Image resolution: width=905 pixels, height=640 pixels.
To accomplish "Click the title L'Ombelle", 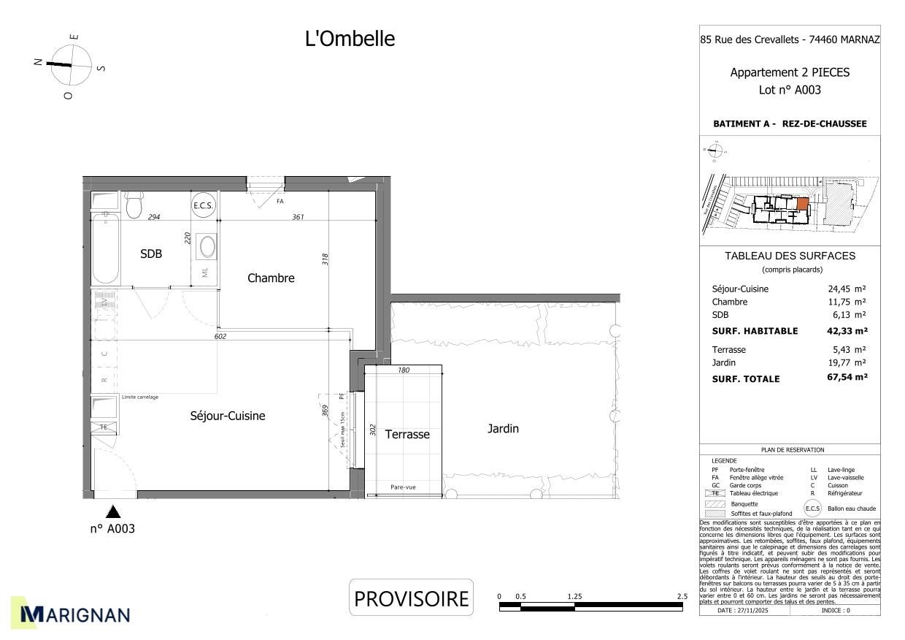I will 350,39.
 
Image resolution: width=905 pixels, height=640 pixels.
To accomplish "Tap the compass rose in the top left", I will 72,64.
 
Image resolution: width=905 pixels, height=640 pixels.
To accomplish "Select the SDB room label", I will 151,254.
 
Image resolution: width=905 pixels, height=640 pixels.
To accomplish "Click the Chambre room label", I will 271,278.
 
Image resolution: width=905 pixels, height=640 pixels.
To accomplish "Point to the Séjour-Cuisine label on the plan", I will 228,416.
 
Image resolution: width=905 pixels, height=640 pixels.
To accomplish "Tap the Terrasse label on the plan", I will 407,434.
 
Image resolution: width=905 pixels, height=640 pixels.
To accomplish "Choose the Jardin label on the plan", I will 503,429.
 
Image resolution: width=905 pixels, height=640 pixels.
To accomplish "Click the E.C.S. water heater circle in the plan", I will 203,206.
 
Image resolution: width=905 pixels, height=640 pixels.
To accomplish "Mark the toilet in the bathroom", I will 134,206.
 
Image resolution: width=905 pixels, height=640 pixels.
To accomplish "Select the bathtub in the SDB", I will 106,248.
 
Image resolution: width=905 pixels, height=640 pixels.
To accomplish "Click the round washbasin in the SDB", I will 208,246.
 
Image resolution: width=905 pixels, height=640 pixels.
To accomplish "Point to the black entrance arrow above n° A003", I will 113,511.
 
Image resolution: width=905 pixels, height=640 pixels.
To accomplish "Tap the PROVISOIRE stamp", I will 411,598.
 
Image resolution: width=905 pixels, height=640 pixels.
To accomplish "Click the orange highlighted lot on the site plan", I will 802,204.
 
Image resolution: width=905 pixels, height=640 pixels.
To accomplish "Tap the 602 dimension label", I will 221,337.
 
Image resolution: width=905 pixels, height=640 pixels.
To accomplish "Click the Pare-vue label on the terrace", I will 403,487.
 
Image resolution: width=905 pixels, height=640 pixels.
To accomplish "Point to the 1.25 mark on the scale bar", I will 574,597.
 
